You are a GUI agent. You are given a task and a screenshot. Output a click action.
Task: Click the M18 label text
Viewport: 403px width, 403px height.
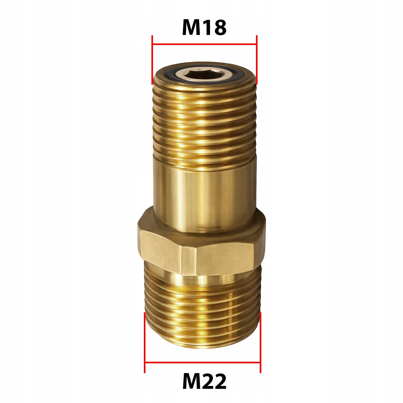[204, 27]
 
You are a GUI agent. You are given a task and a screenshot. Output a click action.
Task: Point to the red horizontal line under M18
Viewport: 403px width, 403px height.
[205, 44]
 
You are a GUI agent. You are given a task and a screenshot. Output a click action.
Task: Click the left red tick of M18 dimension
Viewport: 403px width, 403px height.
[152, 60]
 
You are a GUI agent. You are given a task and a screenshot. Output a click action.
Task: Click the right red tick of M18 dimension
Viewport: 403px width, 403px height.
[257, 60]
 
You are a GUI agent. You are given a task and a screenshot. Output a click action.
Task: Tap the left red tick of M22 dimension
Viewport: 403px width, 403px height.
[145, 343]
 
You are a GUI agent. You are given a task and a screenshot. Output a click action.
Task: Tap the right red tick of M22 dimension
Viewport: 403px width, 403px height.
[260, 343]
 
